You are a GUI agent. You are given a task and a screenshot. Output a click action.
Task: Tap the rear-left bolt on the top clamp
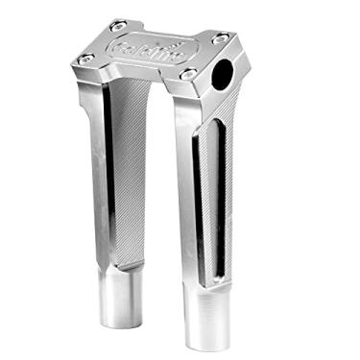(x=117, y=26)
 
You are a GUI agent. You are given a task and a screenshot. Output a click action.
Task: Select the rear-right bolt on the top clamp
(x=219, y=38)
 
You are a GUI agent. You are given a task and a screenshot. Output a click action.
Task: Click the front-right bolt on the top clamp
(x=189, y=74)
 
